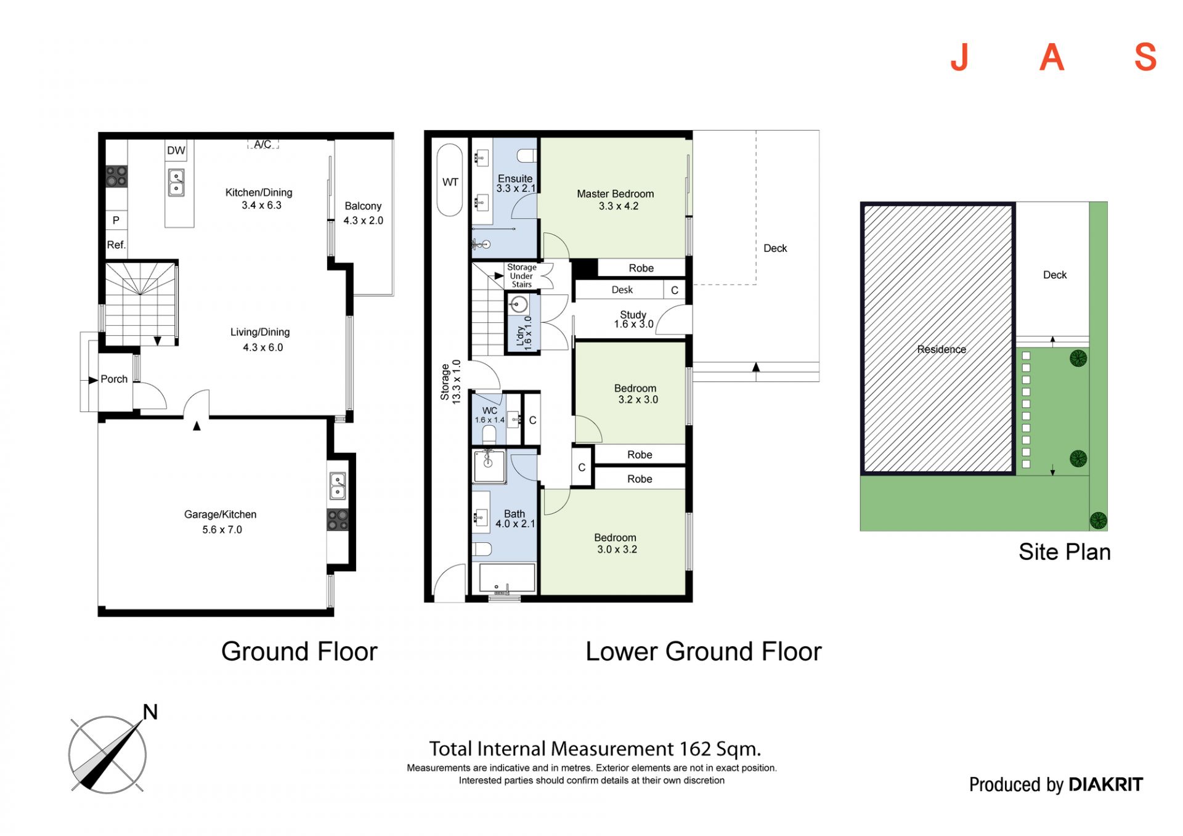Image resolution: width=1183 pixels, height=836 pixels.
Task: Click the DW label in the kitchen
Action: [x=176, y=150]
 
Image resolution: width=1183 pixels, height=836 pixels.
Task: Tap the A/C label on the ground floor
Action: [x=263, y=144]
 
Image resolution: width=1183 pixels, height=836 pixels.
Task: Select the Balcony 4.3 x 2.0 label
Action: [x=364, y=213]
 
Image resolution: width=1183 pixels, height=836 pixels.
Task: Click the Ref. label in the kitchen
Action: [x=116, y=245]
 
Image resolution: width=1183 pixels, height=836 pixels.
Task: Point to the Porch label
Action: [x=114, y=379]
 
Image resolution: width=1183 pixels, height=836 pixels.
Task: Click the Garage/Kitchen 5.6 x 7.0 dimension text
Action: [x=222, y=530]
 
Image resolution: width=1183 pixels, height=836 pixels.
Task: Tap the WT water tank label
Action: [x=450, y=182]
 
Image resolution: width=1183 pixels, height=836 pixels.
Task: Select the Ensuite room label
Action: [x=515, y=179]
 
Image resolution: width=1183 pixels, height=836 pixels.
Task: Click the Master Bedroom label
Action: [x=616, y=193]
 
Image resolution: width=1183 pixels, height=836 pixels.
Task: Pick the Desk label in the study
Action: [x=622, y=290]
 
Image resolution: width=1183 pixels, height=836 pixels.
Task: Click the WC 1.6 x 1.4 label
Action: [x=490, y=415]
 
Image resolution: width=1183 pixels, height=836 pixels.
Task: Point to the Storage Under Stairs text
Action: [x=522, y=276]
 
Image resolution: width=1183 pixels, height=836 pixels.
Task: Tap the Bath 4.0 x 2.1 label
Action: [x=515, y=519]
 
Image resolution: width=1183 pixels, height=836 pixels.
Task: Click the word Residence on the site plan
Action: [x=941, y=349]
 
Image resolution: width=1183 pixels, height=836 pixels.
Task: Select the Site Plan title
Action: [x=1065, y=552]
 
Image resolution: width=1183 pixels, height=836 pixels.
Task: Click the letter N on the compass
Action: [x=150, y=712]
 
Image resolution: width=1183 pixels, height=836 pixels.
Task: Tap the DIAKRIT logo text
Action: [x=1106, y=784]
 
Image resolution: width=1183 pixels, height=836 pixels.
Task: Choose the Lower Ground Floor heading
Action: [x=704, y=651]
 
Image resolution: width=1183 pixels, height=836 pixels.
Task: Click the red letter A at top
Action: [x=1052, y=58]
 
